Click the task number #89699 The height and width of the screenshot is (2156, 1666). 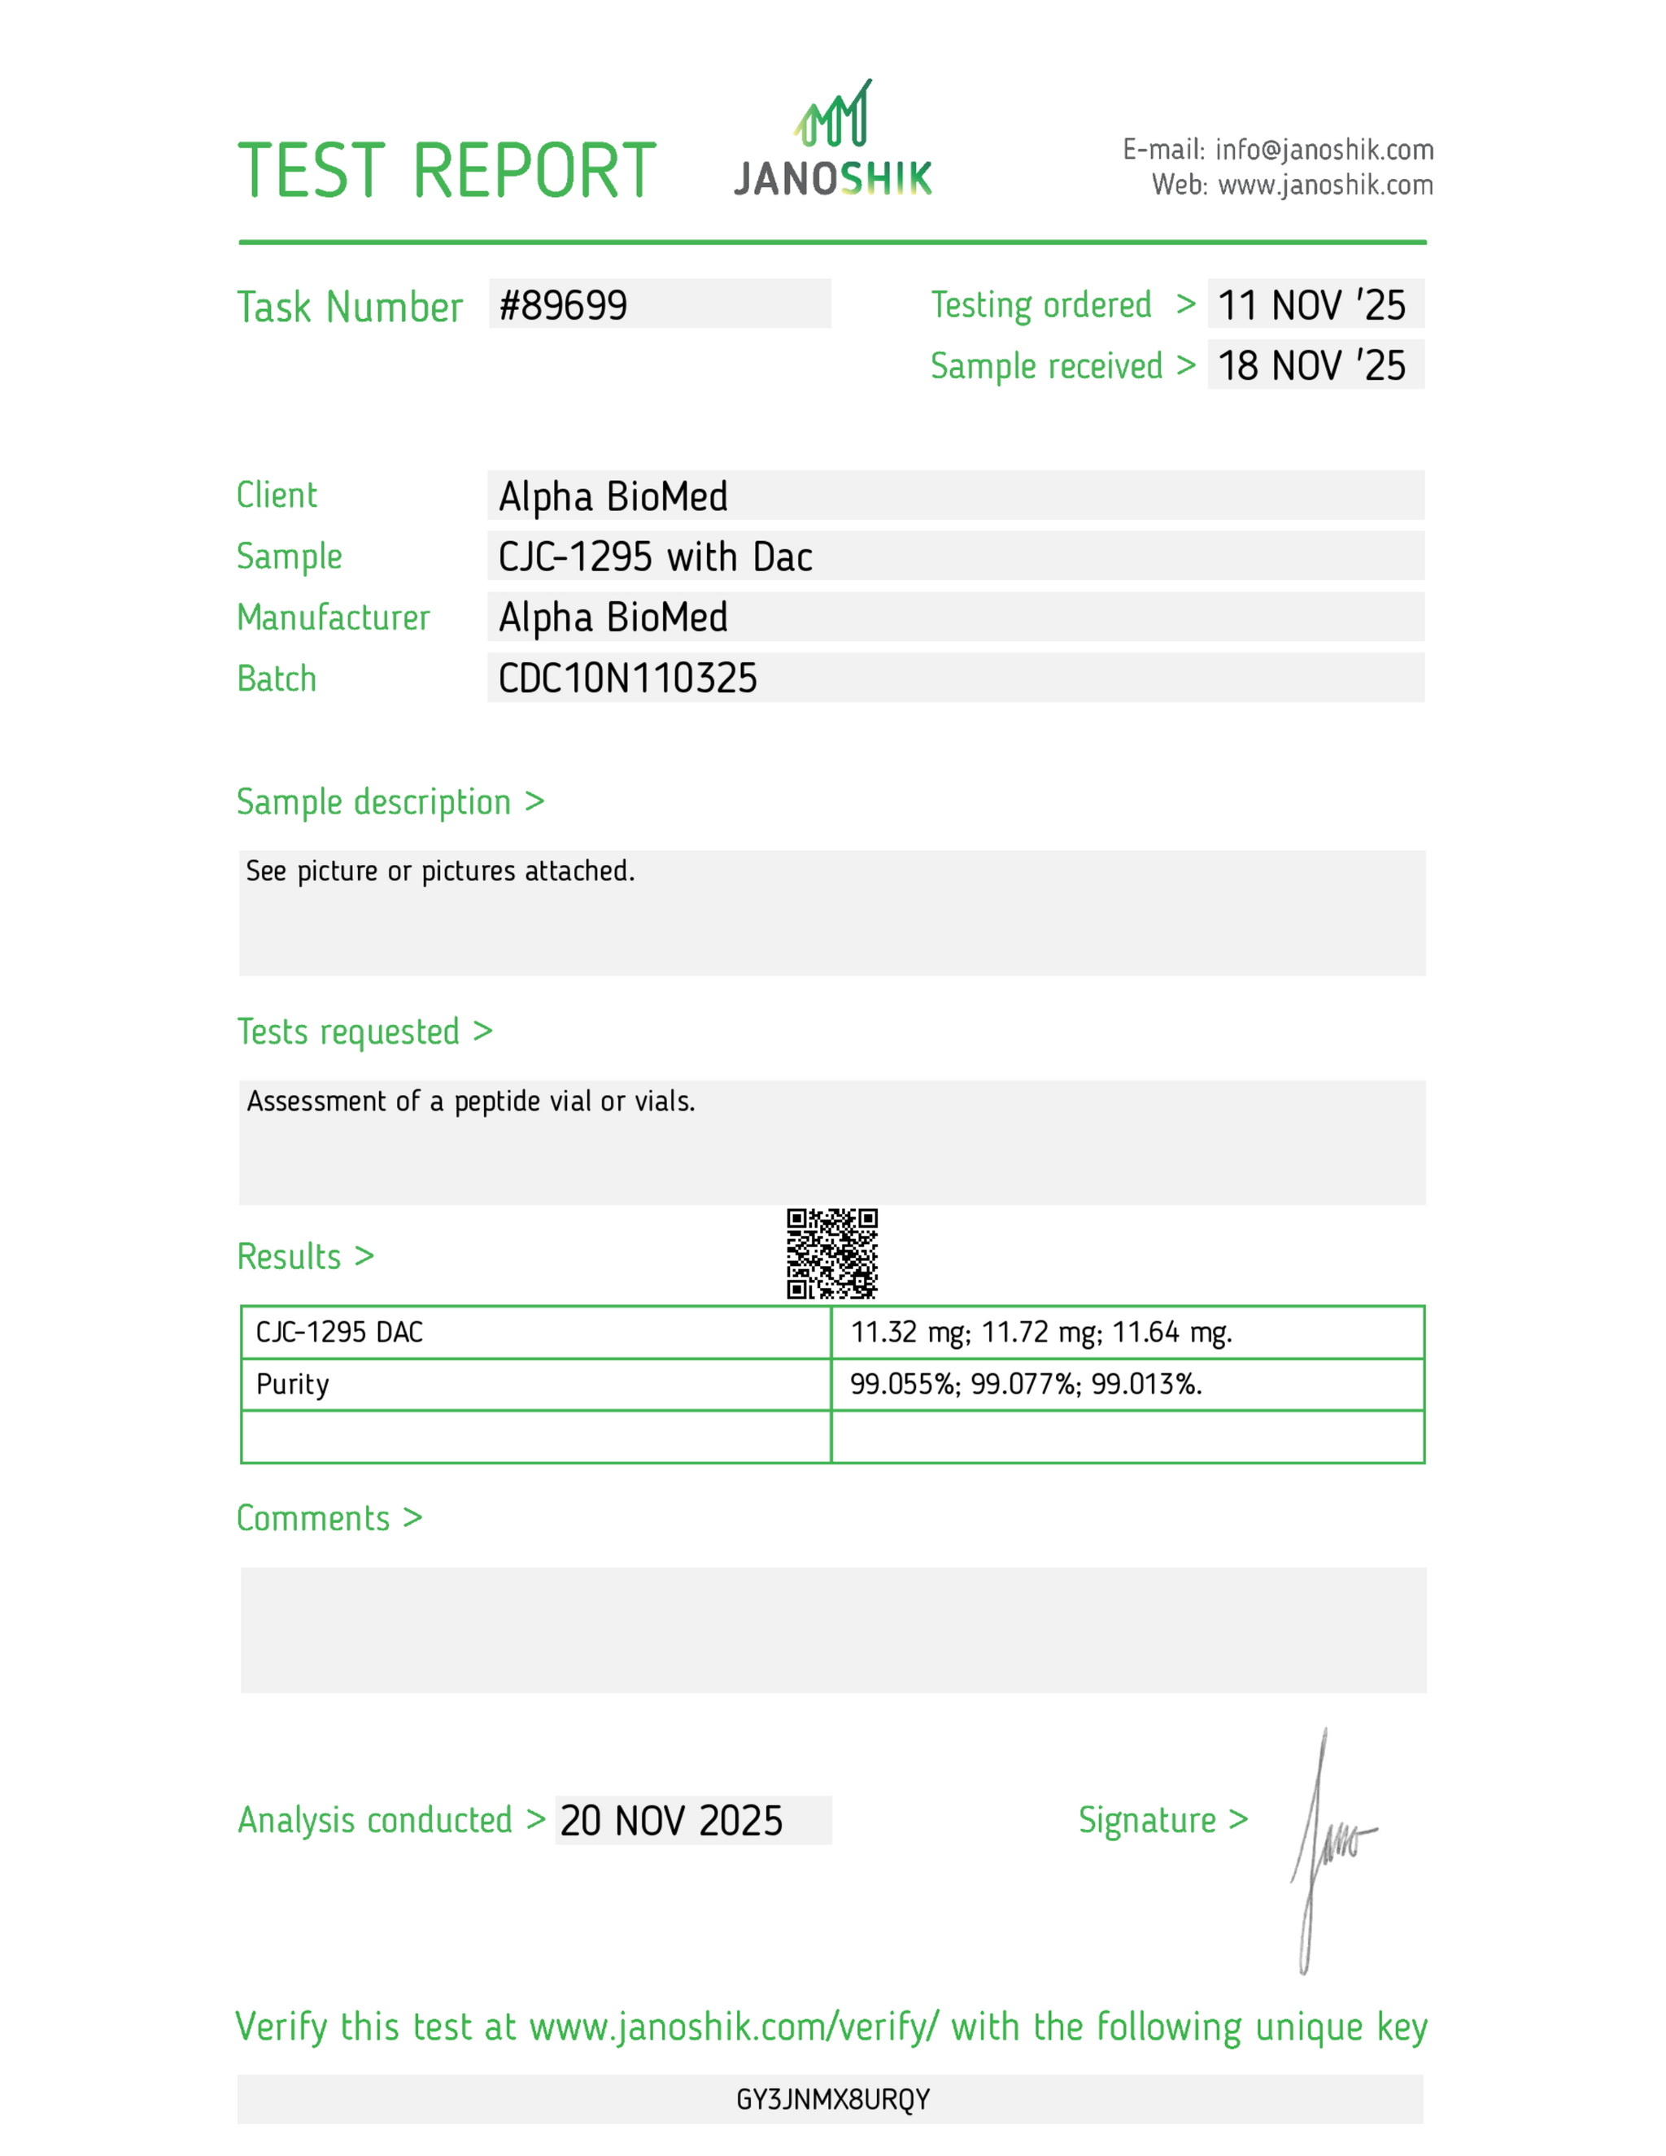564,306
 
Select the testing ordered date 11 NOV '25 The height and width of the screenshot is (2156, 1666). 1311,306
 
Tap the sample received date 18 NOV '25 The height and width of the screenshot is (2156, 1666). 1311,366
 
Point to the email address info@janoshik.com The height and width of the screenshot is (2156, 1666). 1324,150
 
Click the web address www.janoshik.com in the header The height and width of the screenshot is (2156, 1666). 1325,185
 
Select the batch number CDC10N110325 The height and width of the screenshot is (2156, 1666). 628,679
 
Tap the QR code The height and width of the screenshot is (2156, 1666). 832,1253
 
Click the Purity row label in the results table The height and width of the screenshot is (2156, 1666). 292,1384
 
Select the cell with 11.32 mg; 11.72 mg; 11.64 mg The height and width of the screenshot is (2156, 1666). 1041,1333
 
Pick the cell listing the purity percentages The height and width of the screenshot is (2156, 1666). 1027,1384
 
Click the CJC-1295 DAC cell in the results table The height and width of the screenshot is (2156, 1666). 339,1333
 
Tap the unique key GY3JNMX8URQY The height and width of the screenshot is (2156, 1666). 833,2100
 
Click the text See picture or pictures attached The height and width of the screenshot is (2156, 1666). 440,871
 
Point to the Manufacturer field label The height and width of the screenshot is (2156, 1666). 334,618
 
